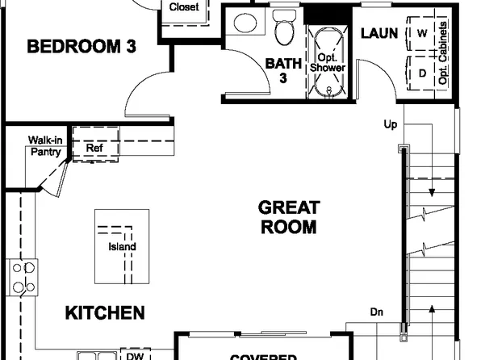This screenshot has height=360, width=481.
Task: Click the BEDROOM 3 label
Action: coord(82,47)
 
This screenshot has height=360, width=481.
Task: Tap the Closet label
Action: coord(184,7)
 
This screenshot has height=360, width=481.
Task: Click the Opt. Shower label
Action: coord(328,63)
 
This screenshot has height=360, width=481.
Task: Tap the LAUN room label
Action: coord(379,33)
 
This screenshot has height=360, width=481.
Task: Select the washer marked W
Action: coord(422,34)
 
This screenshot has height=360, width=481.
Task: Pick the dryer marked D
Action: coord(422,72)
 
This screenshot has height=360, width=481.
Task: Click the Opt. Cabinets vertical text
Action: coord(443,52)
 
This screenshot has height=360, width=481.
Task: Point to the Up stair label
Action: coord(390,125)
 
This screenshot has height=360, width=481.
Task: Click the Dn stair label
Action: coord(376,312)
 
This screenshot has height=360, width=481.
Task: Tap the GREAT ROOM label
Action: coord(288,218)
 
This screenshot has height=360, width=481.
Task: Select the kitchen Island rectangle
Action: coord(122,246)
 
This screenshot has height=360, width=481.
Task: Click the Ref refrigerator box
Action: coord(95,147)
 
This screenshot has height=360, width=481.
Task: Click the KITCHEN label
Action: coord(105,312)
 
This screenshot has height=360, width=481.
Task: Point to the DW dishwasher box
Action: coord(133,354)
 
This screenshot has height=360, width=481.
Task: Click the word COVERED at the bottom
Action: coord(262,356)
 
